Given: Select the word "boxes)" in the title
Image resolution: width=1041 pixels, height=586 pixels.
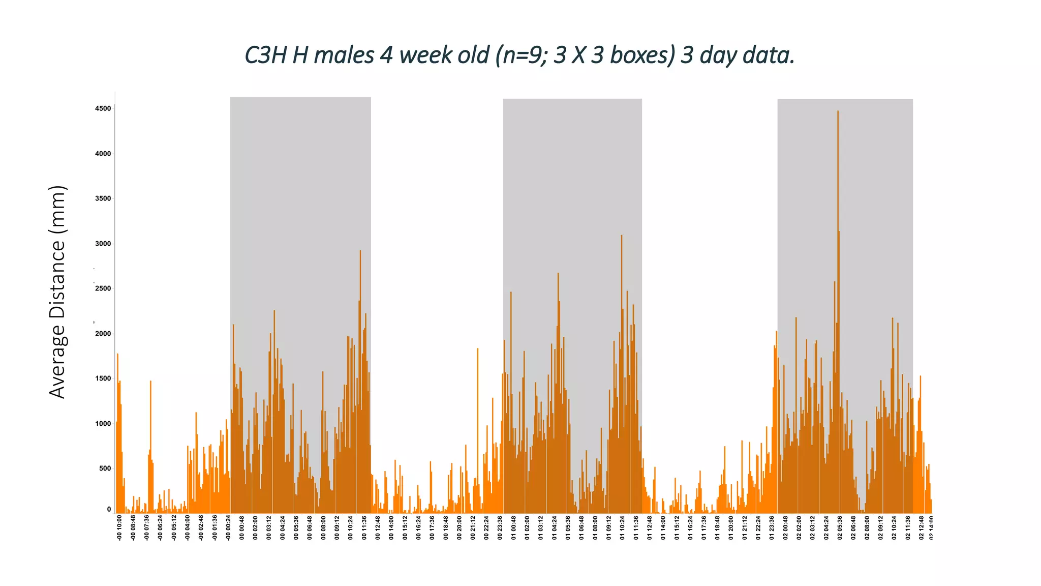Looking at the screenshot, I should pos(642,55).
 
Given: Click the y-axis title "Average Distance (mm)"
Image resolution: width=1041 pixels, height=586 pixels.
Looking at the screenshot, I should pos(57,292).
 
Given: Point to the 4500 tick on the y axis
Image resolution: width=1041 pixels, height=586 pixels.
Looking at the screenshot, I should pos(103,108).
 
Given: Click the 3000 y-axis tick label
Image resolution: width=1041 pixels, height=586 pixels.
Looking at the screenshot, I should pos(103,244).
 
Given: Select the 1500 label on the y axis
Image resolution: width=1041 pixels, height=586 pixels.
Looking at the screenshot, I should pos(103,378).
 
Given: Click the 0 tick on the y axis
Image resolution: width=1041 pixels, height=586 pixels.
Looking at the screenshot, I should pos(109,509).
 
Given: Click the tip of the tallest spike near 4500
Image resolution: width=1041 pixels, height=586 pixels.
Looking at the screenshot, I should pos(838,111).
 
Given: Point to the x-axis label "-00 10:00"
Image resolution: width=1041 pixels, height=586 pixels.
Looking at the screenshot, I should pos(119,528).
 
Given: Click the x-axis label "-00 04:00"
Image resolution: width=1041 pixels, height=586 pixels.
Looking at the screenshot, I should pos(188,528).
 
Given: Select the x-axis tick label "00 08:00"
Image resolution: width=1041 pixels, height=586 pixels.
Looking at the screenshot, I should pos(323,528).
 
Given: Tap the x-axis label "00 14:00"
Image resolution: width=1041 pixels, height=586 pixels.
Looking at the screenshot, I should pos(391,528).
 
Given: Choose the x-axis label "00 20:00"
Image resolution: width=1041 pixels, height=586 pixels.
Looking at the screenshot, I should pos(460,528).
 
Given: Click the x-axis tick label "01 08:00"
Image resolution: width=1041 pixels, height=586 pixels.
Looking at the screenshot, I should pos(595,528).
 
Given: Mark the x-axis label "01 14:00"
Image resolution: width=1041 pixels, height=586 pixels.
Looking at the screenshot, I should pos(663,528).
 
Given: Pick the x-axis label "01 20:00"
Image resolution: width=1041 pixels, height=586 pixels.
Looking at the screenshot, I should pos(731,528).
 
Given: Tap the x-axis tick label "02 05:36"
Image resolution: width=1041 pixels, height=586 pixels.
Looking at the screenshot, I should pos(840,528).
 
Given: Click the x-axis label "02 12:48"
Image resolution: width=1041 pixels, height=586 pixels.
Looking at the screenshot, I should pos(922,528).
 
